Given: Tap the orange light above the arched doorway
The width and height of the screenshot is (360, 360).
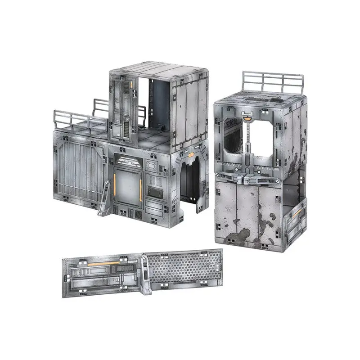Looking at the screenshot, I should click(191, 155).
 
